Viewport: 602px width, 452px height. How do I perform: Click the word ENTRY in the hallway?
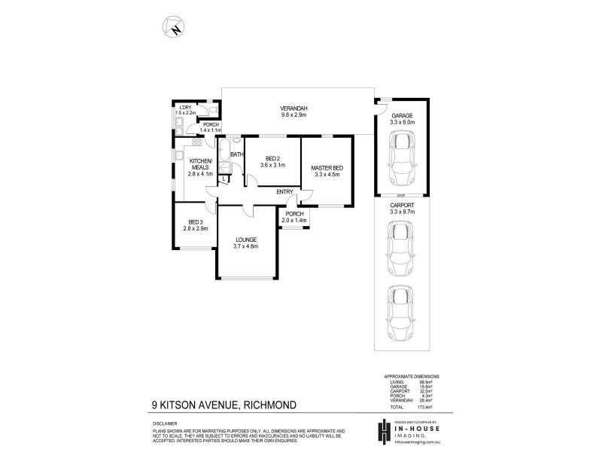pyautogui.click(x=284, y=191)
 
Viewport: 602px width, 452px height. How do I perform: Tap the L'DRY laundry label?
pyautogui.click(x=184, y=108)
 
